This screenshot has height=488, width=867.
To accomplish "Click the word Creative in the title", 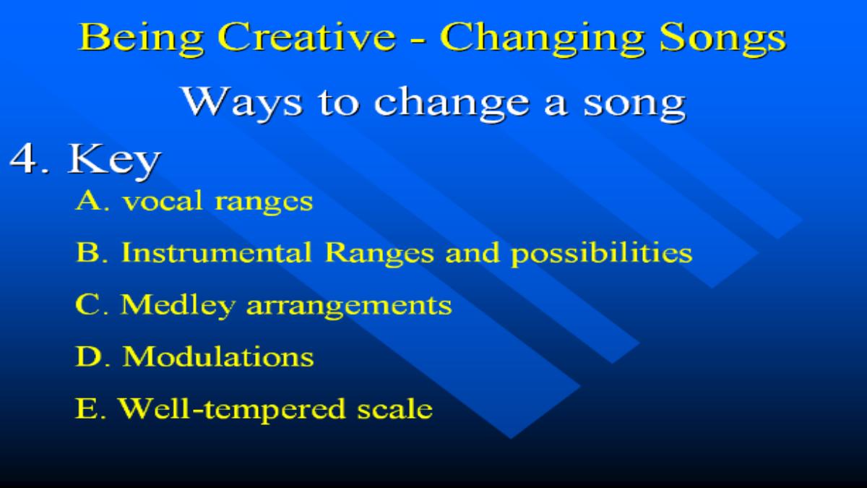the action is click(306, 37).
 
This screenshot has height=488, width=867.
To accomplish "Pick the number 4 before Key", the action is click(25, 159).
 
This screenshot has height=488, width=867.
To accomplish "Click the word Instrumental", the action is click(216, 252).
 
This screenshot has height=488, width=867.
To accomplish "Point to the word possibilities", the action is click(601, 254).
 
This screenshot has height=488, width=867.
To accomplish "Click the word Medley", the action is click(178, 306).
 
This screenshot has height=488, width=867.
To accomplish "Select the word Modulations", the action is click(218, 356).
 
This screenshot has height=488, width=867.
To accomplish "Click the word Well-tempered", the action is click(231, 410).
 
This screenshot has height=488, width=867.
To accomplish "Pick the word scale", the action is click(394, 408).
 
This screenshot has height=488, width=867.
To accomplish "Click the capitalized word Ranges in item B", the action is click(379, 254).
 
